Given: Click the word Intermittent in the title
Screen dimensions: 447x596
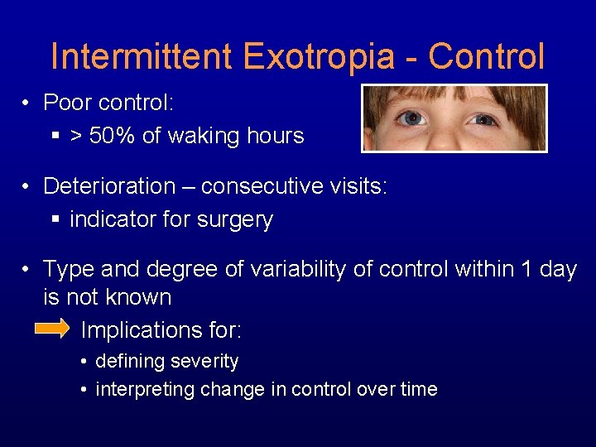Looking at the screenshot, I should [142, 57].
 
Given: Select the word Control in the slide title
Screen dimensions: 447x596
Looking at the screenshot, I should [487, 57].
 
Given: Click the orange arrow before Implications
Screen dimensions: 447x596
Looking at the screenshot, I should [52, 329].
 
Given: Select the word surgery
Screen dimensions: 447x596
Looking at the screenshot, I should [241, 220].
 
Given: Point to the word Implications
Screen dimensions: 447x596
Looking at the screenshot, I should [161, 331].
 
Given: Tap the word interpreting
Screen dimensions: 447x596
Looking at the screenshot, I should [146, 389].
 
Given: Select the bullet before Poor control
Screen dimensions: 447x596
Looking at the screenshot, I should [27, 103].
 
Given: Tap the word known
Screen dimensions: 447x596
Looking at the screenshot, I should [140, 297].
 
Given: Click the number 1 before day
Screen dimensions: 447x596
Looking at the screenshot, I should [522, 270].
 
